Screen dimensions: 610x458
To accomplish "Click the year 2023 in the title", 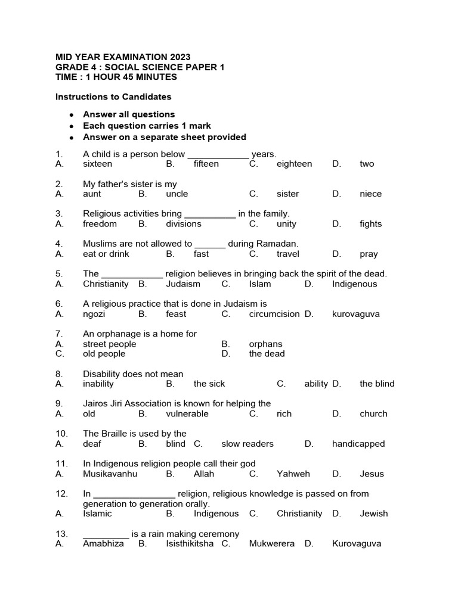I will click(179, 57).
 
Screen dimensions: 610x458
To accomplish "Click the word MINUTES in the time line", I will click(155, 77).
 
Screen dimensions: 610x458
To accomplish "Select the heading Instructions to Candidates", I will click(113, 97).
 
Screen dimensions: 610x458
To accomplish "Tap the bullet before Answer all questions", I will click(71, 114).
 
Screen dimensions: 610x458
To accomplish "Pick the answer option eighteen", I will click(294, 164).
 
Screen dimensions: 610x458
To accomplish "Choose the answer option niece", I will click(370, 194).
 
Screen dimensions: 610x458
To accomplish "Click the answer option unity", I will click(286, 224).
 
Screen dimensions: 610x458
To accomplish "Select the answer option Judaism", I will click(183, 284).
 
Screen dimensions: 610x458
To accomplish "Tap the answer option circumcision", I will click(274, 314).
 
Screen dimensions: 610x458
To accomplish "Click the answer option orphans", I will click(265, 344).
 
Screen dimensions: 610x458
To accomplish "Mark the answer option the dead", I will click(267, 354).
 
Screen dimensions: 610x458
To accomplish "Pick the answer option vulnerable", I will click(187, 414).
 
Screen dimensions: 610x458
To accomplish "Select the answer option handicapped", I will click(358, 444).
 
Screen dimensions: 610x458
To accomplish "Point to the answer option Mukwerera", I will click(271, 544).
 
